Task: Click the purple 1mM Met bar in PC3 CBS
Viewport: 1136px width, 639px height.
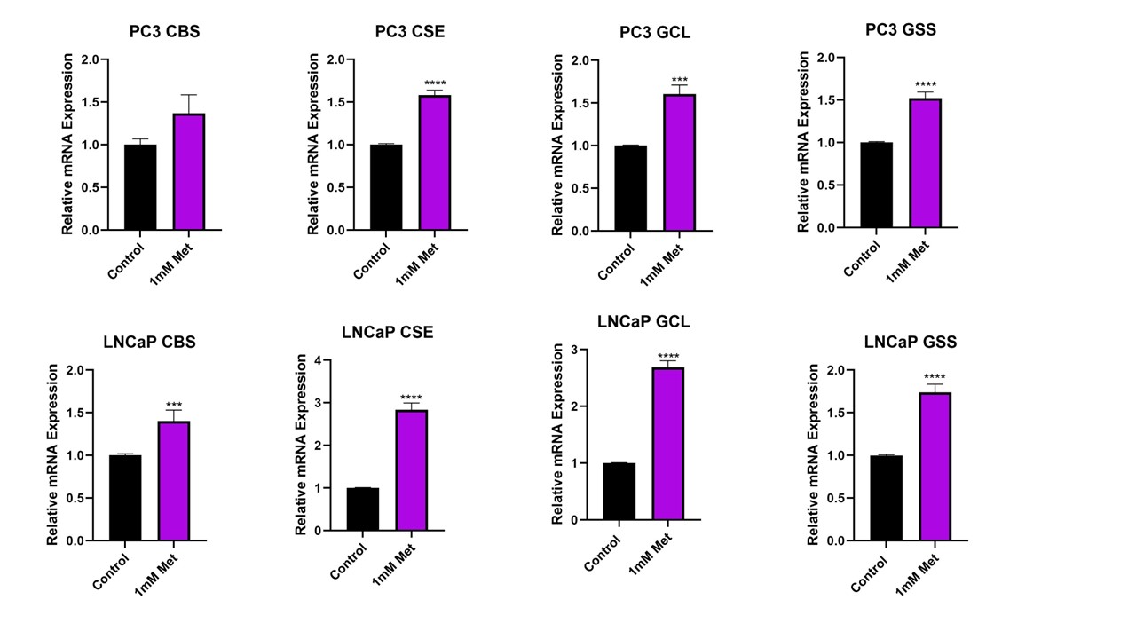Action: [188, 172]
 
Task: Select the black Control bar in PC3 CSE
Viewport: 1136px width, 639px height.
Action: [386, 187]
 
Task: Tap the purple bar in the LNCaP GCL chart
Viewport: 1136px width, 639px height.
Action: [667, 444]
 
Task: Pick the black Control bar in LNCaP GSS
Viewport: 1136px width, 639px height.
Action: [887, 498]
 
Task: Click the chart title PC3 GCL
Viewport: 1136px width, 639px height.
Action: [655, 33]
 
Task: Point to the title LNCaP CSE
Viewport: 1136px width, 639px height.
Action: [388, 333]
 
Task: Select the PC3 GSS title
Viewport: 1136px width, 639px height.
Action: [900, 30]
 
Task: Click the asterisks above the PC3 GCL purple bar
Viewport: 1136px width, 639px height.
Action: [680, 81]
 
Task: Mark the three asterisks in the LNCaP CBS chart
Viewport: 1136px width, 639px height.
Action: [174, 406]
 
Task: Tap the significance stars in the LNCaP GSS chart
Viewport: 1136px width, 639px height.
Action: [935, 377]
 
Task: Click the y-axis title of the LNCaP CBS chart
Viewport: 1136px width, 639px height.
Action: [52, 454]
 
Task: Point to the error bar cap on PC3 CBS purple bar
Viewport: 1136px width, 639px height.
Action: [188, 95]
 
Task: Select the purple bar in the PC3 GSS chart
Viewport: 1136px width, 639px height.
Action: [925, 163]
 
